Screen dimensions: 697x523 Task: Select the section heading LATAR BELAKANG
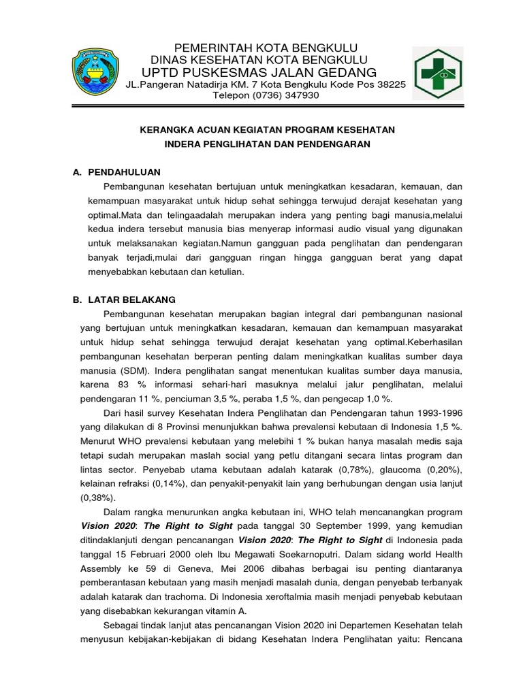click(132, 299)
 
